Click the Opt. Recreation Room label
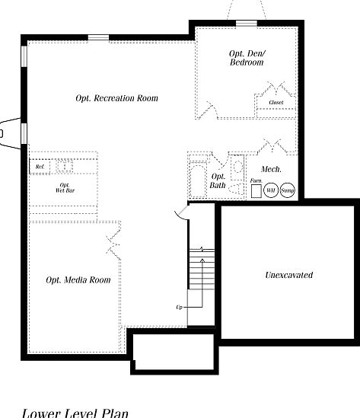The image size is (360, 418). pyautogui.click(x=116, y=98)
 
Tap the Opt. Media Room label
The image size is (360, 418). pyautogui.click(x=78, y=280)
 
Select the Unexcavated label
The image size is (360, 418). pyautogui.click(x=288, y=275)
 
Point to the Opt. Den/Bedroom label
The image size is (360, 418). pyautogui.click(x=246, y=58)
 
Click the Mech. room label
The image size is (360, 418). pyautogui.click(x=272, y=168)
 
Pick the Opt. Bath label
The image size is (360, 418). pyautogui.click(x=218, y=181)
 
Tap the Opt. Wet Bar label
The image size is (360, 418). pyautogui.click(x=65, y=187)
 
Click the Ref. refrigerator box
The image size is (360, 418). pyautogui.click(x=40, y=166)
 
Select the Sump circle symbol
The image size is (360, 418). pyautogui.click(x=287, y=190)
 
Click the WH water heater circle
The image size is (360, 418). pyautogui.click(x=271, y=190)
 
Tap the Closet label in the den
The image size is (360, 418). pyautogui.click(x=276, y=102)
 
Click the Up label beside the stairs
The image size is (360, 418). pyautogui.click(x=180, y=307)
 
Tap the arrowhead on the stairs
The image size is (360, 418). pyautogui.click(x=202, y=249)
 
